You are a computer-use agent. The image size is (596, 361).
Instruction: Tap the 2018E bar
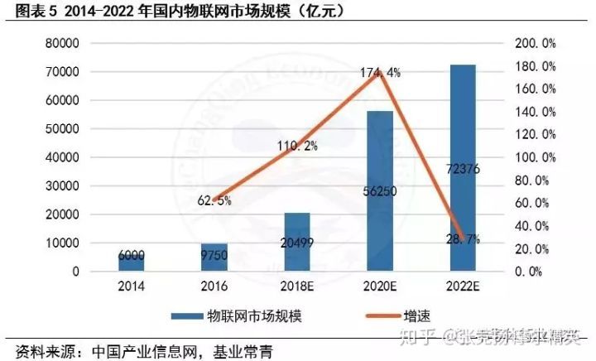click(x=297, y=241)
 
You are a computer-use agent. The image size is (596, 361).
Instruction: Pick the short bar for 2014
click(x=131, y=262)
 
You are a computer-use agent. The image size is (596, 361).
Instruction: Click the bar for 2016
click(x=214, y=257)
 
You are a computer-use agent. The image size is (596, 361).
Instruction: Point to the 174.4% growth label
click(x=380, y=73)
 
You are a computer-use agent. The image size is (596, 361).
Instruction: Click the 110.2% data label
click(x=296, y=147)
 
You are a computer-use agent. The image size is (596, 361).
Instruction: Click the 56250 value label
click(x=380, y=190)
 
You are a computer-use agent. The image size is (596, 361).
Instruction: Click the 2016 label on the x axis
click(x=214, y=286)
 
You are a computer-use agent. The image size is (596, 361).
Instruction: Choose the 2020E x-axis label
click(x=380, y=286)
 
